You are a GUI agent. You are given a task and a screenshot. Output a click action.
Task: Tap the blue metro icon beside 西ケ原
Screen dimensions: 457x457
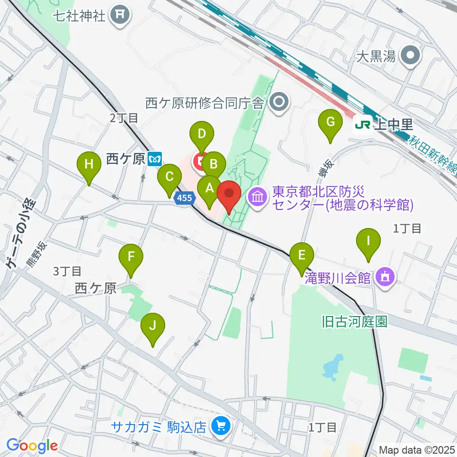point(155,159)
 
